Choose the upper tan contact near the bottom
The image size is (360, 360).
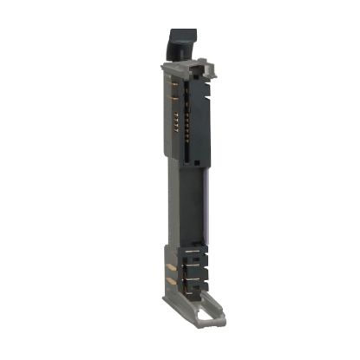[168, 267]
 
